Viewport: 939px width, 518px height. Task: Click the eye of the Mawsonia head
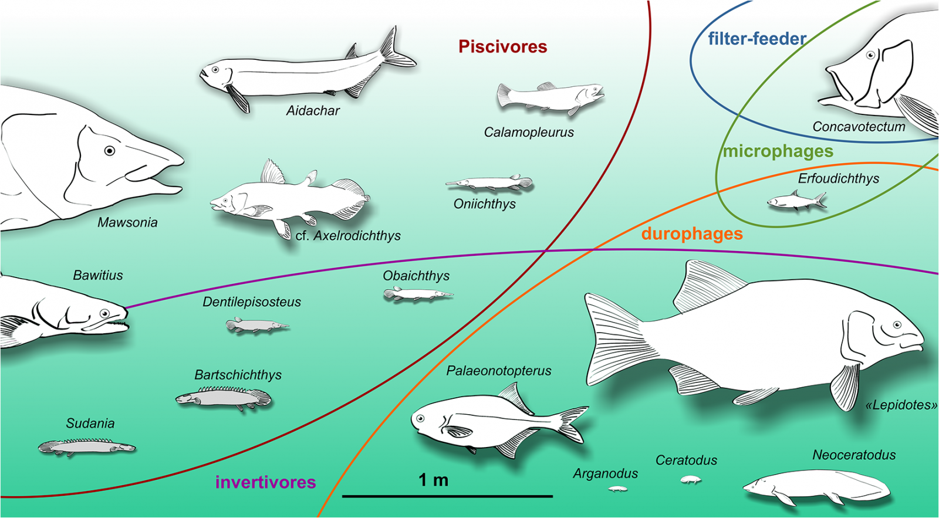109,151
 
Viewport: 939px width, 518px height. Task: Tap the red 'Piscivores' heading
502,47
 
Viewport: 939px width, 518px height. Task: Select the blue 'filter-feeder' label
756,39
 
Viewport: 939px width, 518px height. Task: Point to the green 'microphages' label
778,151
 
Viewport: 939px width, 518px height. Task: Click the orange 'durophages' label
691,233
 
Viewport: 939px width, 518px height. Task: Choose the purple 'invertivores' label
265,482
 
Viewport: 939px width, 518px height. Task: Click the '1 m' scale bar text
433,480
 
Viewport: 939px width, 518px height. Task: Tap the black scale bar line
447,496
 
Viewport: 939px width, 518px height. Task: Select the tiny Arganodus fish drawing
617,488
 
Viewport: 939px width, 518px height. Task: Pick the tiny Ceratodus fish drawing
691,480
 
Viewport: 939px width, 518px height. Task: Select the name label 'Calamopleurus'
529,133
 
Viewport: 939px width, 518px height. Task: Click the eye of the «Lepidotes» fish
897,325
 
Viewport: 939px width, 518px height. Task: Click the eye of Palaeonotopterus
420,418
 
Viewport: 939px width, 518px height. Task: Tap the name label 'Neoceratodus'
854,455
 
